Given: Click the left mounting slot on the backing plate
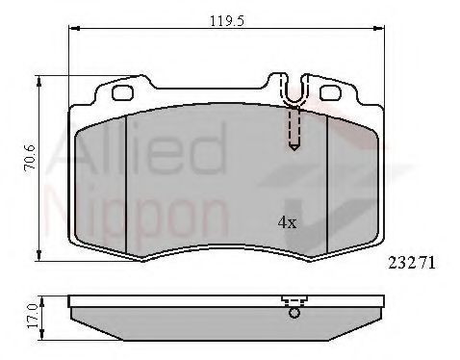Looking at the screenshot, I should tap(122, 94).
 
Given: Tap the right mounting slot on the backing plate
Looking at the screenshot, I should tap(329, 94).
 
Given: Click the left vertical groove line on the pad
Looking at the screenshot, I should tap(127, 183).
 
